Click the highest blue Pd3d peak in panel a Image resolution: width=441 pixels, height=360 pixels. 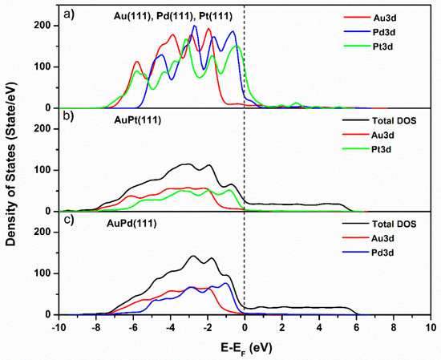(194, 26)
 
